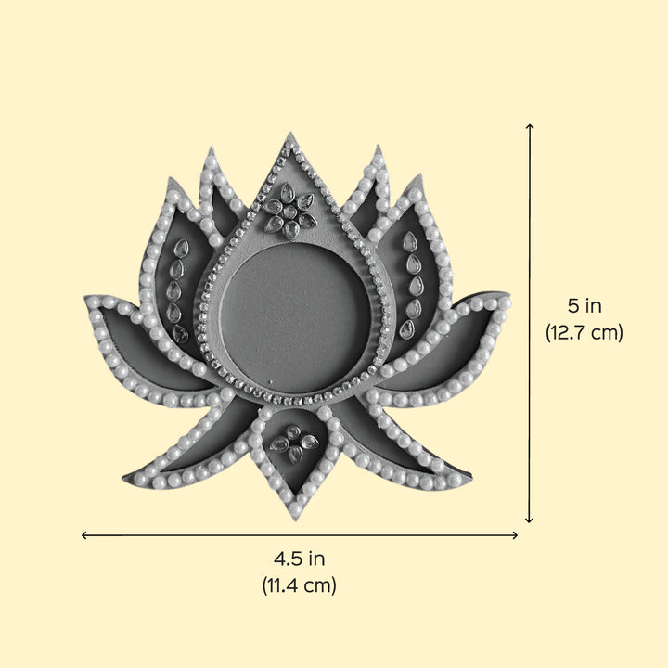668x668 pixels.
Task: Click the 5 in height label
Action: coord(584,305)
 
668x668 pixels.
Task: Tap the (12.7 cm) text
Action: coord(584,332)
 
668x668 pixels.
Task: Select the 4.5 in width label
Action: coord(299,559)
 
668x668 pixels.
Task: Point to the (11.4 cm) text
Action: coord(299,584)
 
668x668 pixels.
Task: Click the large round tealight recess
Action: coord(295,317)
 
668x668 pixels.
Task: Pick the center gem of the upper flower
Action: coord(289,212)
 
